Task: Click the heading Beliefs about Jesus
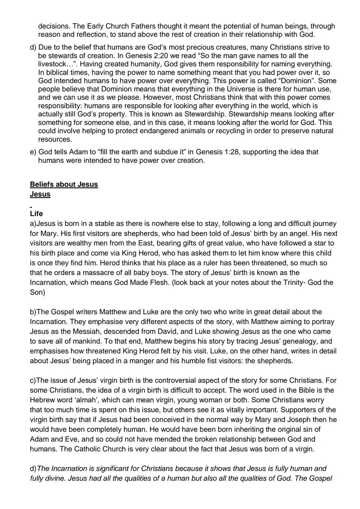[x=64, y=184]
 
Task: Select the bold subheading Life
[x=36, y=214]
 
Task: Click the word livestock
[x=52, y=64]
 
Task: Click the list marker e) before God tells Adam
[x=33, y=152]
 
